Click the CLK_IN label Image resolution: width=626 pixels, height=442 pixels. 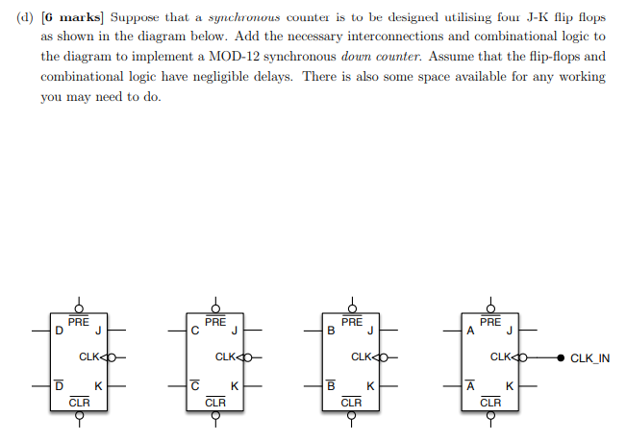(589, 358)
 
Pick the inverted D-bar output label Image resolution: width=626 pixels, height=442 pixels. (59, 385)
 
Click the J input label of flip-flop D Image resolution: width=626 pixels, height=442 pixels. (98, 331)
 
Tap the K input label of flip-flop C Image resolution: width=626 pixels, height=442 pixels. (235, 385)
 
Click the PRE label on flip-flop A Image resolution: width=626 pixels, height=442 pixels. (490, 322)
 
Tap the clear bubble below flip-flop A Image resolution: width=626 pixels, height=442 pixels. (490, 415)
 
